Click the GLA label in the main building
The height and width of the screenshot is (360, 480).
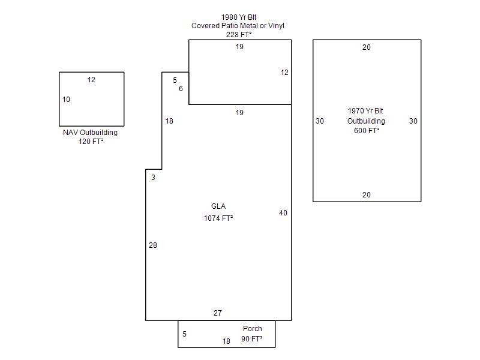[218, 206]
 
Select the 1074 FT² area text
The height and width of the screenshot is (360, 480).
[218, 218]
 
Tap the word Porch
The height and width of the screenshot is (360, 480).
[252, 328]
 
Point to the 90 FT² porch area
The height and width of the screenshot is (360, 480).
[251, 338]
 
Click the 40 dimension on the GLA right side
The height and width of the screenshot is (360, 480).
[283, 213]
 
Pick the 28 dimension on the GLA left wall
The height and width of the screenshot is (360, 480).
[153, 245]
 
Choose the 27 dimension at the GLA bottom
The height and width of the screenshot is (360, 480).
[218, 313]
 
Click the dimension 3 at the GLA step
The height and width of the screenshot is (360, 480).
[153, 177]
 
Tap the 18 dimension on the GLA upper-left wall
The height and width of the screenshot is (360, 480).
[169, 121]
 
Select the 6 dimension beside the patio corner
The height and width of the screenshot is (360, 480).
[181, 88]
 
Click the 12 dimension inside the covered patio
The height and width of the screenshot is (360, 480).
[284, 72]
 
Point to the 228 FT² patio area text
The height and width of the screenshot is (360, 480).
[239, 35]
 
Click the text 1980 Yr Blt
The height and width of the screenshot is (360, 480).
[239, 17]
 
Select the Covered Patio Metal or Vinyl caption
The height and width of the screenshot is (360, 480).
[238, 26]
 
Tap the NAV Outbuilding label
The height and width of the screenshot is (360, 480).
[91, 132]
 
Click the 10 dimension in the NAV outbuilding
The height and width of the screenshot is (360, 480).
[66, 100]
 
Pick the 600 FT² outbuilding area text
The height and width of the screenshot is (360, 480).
[367, 131]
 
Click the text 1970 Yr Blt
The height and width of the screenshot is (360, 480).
[365, 111]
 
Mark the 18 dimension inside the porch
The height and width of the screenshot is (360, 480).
[226, 341]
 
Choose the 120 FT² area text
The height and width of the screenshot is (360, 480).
[91, 142]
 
